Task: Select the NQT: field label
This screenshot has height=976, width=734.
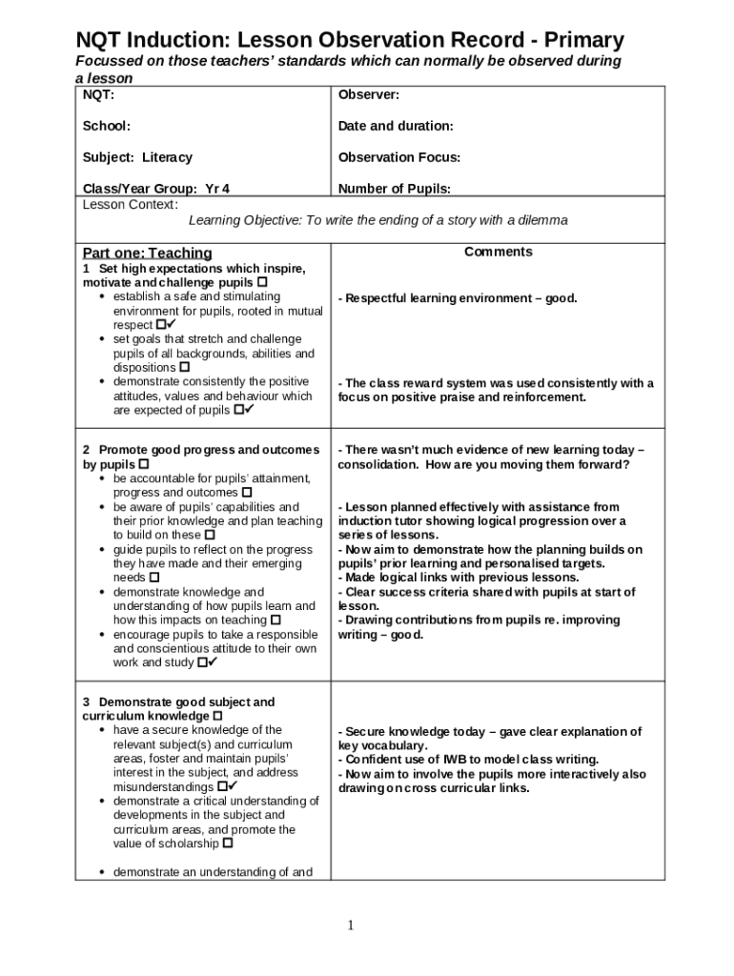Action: click(99, 94)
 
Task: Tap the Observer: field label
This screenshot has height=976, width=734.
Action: click(369, 94)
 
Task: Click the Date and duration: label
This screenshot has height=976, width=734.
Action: click(396, 126)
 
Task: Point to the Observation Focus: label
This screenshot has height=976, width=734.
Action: click(399, 157)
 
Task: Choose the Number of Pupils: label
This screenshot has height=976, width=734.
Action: click(395, 189)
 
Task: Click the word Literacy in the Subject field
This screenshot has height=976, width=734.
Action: click(167, 157)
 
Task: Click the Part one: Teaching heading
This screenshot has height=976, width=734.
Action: click(147, 253)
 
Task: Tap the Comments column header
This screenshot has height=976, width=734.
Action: click(498, 252)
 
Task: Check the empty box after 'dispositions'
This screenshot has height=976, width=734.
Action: click(185, 367)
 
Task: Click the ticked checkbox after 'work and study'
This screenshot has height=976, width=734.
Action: click(202, 662)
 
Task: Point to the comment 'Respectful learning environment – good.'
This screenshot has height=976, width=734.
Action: click(458, 298)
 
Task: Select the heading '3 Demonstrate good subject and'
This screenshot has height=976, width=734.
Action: click(178, 702)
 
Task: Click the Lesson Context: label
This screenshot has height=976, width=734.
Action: click(130, 204)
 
